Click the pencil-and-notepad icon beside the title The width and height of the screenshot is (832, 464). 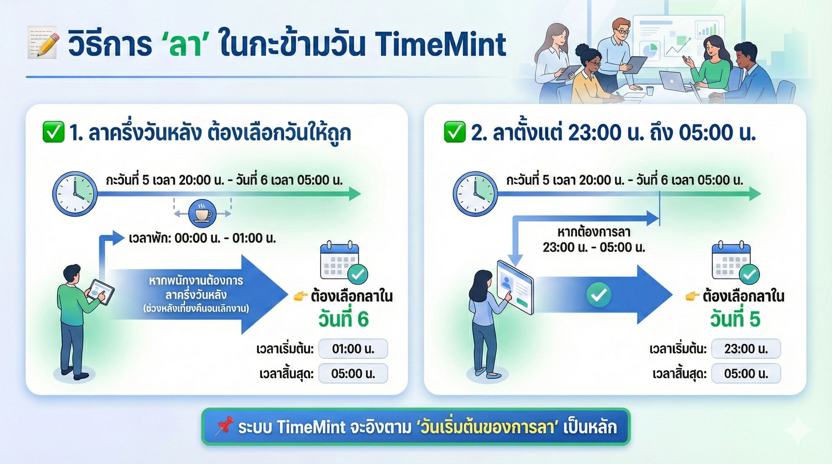coord(43,42)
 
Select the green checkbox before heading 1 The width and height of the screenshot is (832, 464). coord(53,132)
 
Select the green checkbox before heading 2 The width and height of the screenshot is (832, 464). coord(455,132)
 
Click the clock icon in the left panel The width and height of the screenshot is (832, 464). coord(75,194)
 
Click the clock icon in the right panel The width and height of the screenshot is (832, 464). coord(475,194)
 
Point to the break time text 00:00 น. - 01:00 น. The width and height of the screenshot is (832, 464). coord(225,238)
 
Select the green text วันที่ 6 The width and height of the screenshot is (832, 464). coord(343,319)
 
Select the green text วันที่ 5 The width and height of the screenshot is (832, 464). coord(735,319)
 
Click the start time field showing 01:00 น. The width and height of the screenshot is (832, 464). coord(353,349)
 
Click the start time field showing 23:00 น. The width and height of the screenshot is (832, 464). coord(746,349)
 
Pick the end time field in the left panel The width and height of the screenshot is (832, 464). coord(353,374)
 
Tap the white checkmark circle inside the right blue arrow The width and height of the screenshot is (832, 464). coord(599,294)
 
